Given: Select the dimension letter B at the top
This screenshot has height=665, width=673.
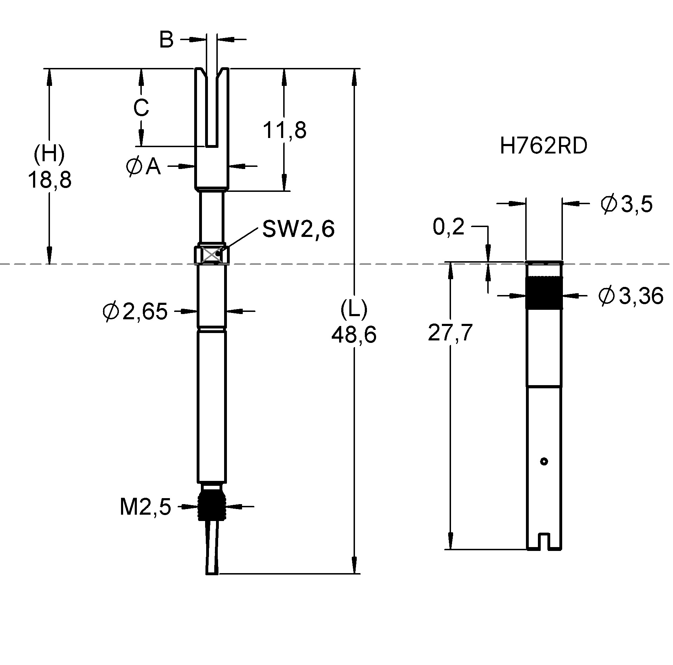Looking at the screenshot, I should [x=166, y=39].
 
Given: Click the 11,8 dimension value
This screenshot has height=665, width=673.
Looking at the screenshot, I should [x=285, y=130].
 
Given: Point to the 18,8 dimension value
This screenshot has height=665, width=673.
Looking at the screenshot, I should [x=49, y=180].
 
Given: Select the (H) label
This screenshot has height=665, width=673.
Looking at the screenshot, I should [x=49, y=154].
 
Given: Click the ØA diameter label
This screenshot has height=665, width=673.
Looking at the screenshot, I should [x=143, y=167].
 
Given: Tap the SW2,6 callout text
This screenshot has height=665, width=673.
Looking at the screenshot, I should [x=298, y=229].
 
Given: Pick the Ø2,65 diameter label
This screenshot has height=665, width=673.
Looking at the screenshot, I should [x=135, y=312].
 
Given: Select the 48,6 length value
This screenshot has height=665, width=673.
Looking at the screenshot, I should [x=354, y=334].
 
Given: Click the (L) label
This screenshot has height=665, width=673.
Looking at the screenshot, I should [x=354, y=309].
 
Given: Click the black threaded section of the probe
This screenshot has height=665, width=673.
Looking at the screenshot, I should [x=211, y=506].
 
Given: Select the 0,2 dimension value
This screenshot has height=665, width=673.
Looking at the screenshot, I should [x=449, y=227].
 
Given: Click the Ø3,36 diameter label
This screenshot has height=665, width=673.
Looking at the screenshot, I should [x=630, y=296].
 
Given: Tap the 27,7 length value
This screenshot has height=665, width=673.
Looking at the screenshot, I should [x=450, y=333].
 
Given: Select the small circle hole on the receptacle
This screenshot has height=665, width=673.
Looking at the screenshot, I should [x=544, y=461].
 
